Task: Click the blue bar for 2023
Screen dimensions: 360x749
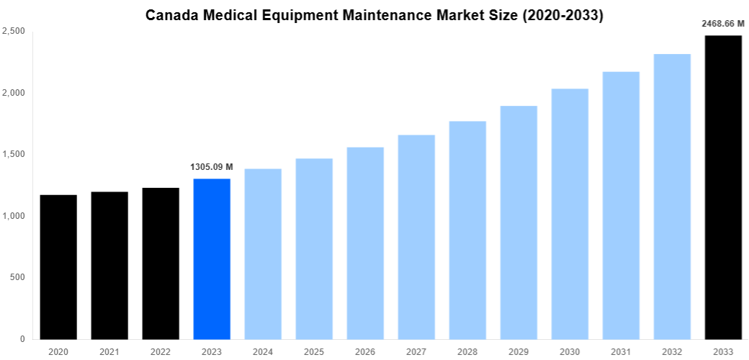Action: (212, 259)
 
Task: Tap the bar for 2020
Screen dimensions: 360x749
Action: (58, 267)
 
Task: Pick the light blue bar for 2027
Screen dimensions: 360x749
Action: (416, 237)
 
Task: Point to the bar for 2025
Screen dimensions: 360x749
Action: (314, 248)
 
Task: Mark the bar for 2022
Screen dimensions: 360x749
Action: (161, 264)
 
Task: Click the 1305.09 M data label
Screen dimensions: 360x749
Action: (212, 167)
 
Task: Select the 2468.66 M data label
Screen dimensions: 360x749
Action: (723, 24)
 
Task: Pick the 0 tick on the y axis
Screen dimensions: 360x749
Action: (23, 338)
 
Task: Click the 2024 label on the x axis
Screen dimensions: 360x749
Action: (263, 351)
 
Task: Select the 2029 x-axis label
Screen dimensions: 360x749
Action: (519, 351)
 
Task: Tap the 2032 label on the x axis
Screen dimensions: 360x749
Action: (672, 351)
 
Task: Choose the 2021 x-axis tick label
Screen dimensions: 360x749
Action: (109, 351)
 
